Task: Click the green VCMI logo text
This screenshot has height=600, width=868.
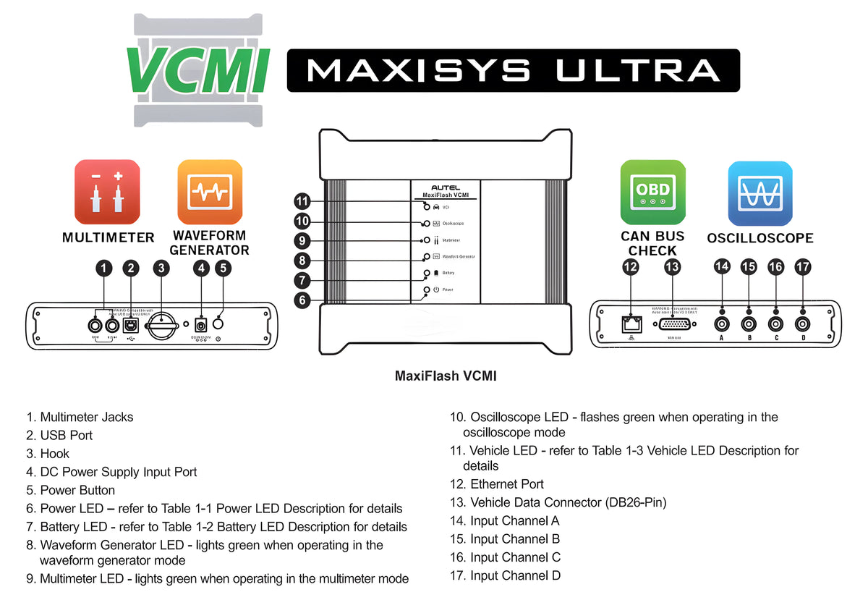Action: coord(198,71)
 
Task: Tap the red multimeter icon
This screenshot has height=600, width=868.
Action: coord(107,192)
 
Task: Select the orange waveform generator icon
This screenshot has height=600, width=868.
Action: coord(210,192)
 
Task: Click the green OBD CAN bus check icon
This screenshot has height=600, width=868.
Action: coord(652,192)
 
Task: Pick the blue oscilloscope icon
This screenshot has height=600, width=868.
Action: coord(760,193)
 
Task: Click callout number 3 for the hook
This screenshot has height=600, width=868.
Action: coord(161,269)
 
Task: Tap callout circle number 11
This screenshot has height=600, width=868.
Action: coord(302,201)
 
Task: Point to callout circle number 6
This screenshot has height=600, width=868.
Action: coord(302,300)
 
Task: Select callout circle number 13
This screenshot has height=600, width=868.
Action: coord(673,267)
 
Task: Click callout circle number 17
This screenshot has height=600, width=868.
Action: coord(802,267)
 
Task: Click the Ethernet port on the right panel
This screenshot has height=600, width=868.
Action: coord(629,324)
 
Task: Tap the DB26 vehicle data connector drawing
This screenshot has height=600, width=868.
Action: coord(672,324)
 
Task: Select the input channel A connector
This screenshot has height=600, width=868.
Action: coord(721,324)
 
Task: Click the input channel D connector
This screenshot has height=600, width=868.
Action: coord(802,324)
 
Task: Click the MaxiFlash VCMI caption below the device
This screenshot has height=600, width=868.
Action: coord(445,376)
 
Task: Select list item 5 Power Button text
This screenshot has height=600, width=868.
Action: coord(77,490)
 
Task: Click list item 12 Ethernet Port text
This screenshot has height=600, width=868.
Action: coord(506,484)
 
